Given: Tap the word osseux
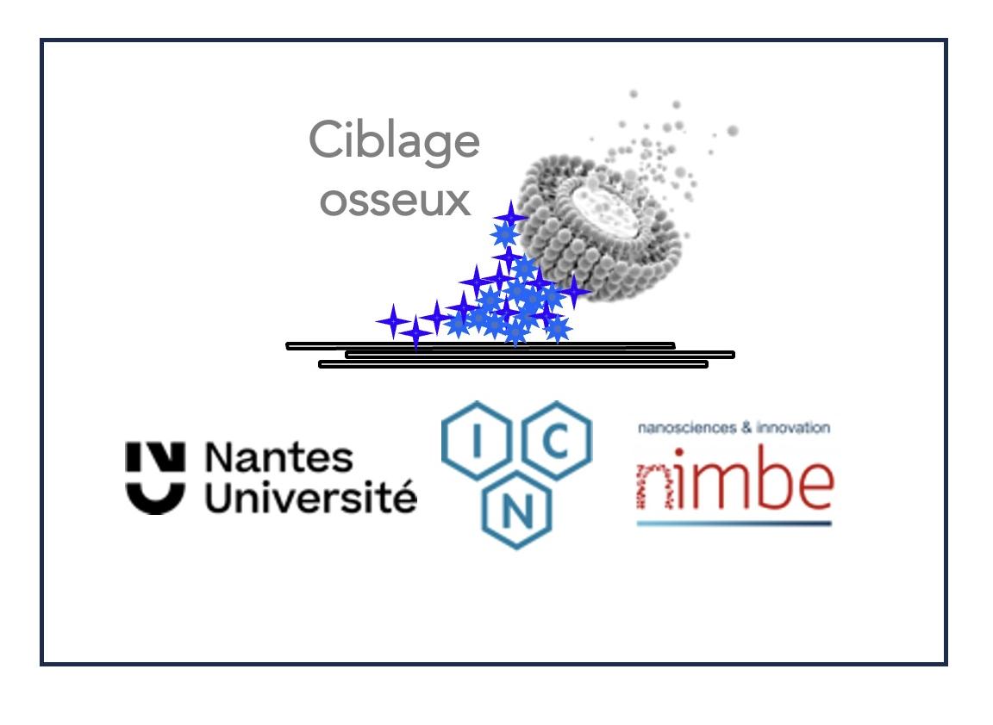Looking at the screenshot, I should tap(396, 200).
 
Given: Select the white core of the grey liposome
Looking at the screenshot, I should tap(613, 207).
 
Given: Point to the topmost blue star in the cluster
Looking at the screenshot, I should tap(510, 215).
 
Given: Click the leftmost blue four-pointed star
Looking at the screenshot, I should tap(393, 321).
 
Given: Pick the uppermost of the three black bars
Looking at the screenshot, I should tap(479, 346).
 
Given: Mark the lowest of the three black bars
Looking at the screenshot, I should tap(513, 364).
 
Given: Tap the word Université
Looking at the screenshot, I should tap(310, 498).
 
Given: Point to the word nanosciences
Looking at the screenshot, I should tap(683, 427).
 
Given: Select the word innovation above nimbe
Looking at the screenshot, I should tap(796, 427).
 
